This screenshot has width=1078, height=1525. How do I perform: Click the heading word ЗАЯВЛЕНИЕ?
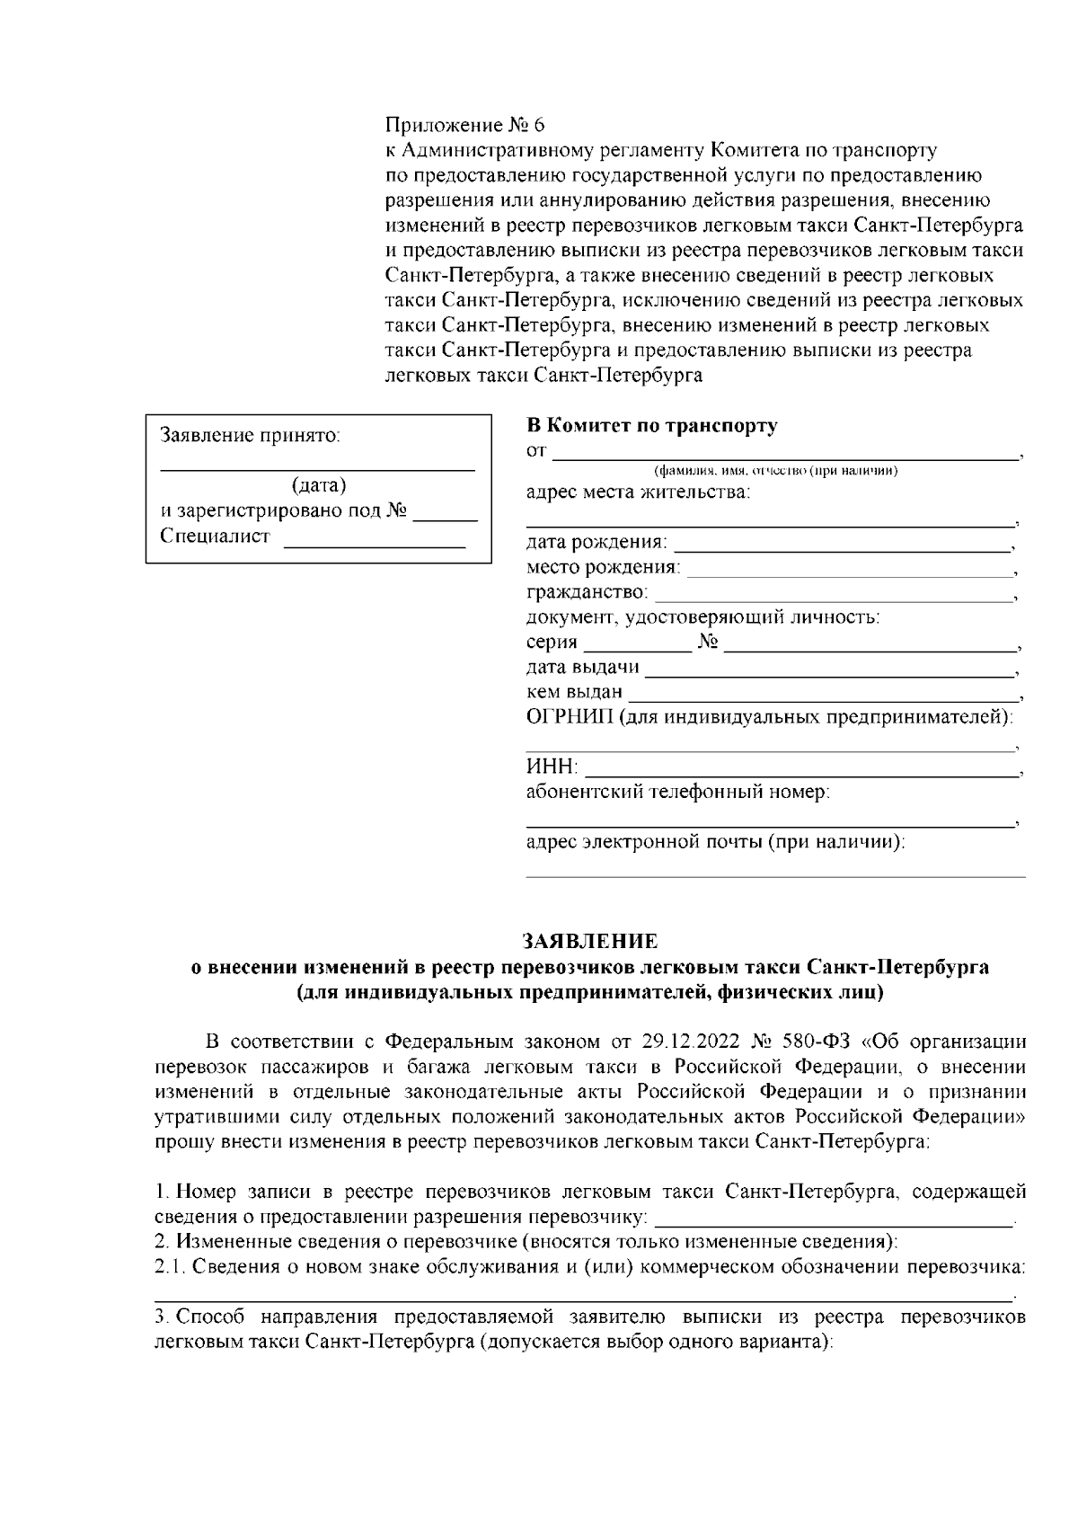590,941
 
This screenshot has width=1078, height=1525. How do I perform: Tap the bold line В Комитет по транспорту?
651,426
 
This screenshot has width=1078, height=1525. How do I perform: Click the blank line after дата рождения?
842,545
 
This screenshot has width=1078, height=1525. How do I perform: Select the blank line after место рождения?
848,570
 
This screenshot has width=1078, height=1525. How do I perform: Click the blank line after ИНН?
802,770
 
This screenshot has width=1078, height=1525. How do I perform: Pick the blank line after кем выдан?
823,694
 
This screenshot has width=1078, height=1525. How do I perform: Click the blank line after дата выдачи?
828,669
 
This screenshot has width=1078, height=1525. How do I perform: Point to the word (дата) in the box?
318,486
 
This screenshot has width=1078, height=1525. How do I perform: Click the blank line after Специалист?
374,540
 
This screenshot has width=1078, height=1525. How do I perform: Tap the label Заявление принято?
250,436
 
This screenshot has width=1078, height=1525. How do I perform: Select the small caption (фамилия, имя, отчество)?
776,471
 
